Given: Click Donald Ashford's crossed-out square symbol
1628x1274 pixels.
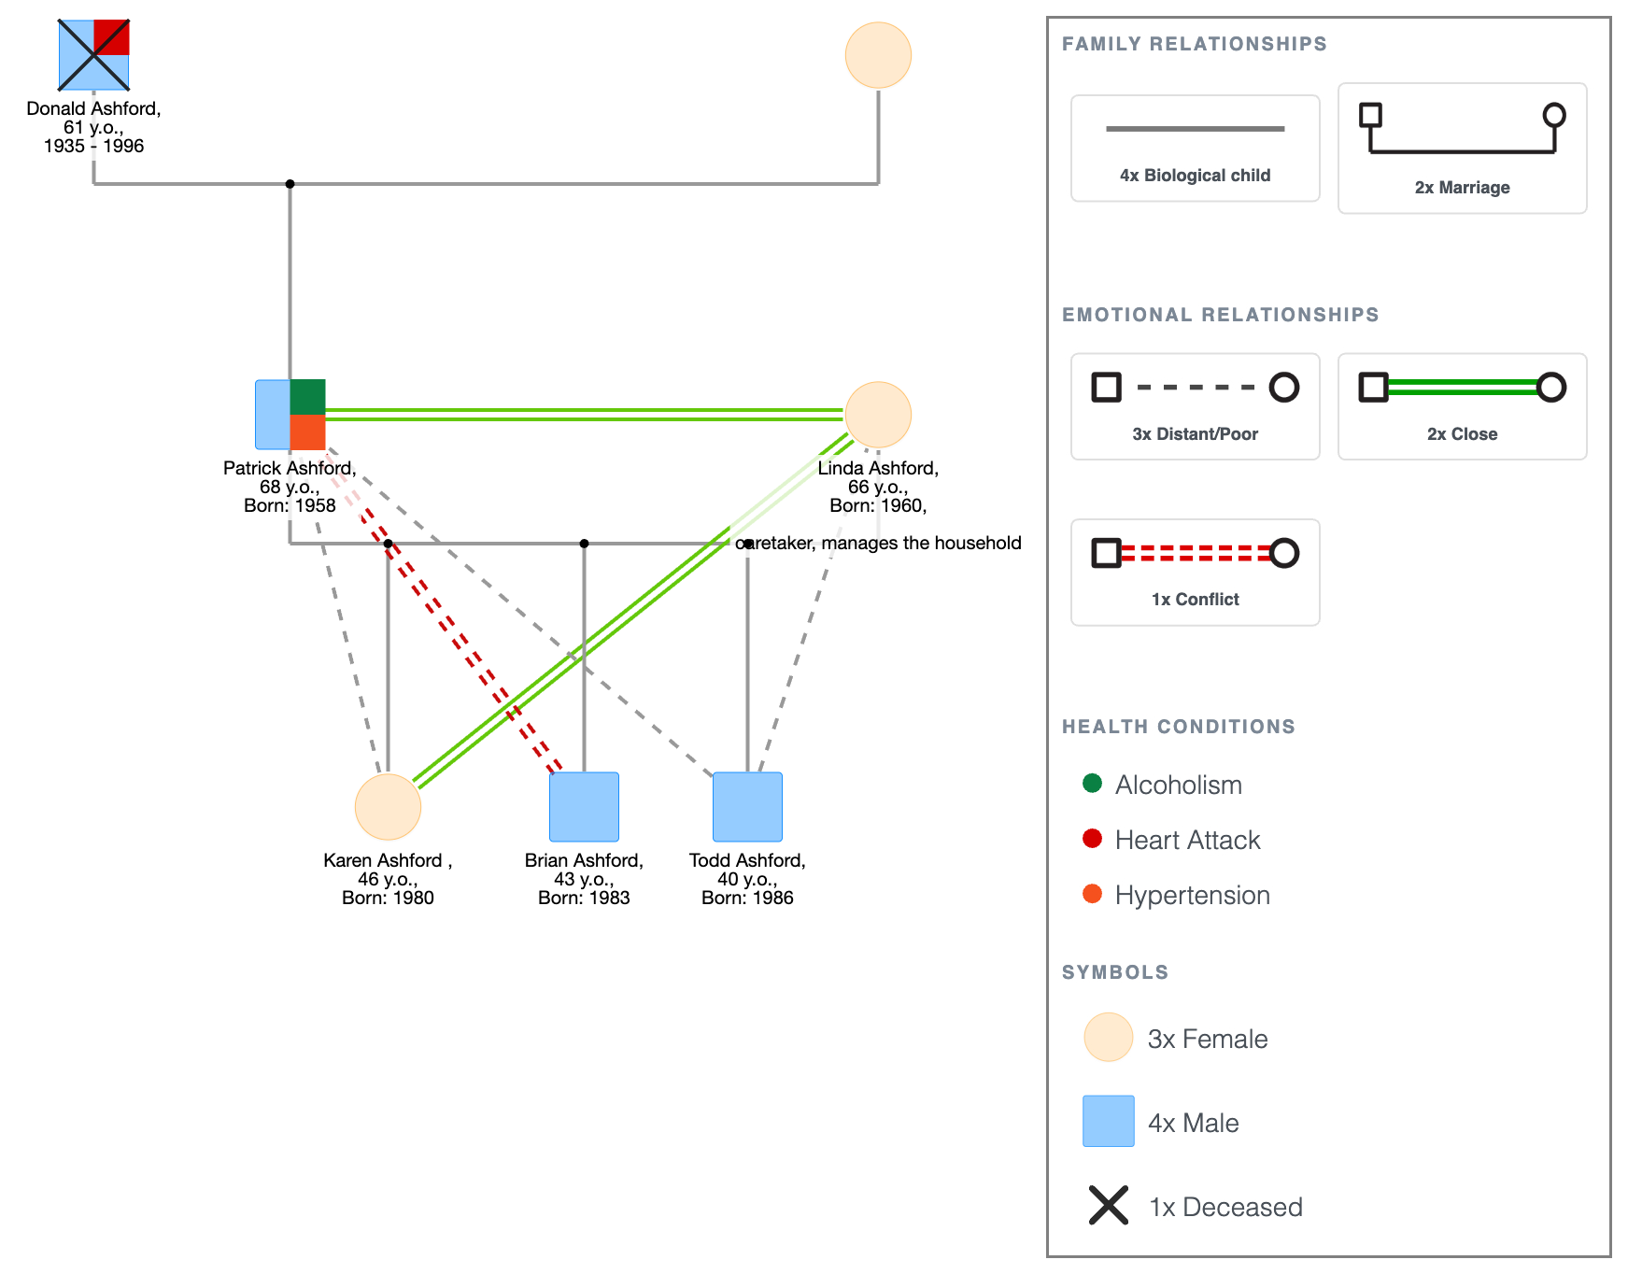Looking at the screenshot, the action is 93,55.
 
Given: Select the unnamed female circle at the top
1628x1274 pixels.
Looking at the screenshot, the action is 878,55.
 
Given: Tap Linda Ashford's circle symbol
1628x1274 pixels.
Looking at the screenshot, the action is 878,415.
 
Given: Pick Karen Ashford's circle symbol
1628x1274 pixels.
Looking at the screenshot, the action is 388,807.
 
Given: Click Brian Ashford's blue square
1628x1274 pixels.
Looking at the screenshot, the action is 584,807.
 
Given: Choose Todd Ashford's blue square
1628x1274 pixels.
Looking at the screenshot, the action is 747,807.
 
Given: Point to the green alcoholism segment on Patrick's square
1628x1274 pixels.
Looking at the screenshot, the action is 307,397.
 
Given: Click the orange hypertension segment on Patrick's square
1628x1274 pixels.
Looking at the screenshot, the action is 307,432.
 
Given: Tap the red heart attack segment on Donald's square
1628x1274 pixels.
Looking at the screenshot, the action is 111,37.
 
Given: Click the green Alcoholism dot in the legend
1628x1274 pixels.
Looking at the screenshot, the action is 1092,784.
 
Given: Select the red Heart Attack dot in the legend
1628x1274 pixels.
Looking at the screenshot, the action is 1092,839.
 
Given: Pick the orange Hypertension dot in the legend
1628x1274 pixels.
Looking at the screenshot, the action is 1092,894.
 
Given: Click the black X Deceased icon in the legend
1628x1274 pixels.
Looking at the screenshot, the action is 1109,1205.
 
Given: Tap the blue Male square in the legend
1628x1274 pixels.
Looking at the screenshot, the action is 1109,1121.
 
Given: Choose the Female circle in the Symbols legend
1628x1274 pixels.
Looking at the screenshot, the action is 1109,1038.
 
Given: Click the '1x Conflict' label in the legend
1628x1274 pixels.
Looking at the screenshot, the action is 1196,600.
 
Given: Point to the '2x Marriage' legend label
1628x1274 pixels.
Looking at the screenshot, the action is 1463,188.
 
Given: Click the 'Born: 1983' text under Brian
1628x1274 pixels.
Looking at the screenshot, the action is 584,898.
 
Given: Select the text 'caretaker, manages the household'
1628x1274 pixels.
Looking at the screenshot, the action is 879,543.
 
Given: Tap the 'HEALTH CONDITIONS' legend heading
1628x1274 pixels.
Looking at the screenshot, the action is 1179,727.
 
